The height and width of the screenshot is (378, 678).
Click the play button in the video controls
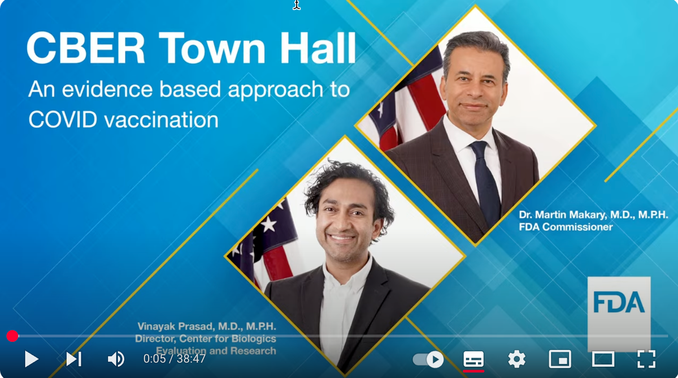(x=32, y=359)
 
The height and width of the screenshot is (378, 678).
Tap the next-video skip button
(x=74, y=359)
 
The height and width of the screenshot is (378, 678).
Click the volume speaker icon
(x=116, y=359)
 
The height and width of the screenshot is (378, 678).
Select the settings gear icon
(x=516, y=359)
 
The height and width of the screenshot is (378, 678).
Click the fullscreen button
(x=646, y=359)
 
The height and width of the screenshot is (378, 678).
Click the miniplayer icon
(x=560, y=359)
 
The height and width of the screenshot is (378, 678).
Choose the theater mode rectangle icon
(x=603, y=359)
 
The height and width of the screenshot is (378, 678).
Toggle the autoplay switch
(x=428, y=359)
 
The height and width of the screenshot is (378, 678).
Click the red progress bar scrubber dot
(x=12, y=336)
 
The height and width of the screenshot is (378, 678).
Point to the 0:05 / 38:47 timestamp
(x=175, y=359)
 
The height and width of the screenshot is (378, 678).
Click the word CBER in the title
(x=86, y=48)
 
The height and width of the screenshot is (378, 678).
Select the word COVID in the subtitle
(x=63, y=119)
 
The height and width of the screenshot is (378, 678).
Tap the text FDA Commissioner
(x=566, y=227)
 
